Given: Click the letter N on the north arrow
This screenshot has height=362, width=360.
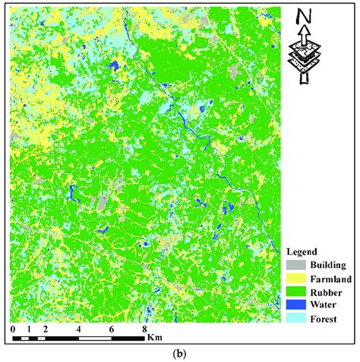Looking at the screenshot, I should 304,17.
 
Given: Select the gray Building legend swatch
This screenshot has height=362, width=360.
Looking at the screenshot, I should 295,265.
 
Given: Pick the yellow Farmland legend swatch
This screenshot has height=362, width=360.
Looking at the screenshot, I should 295,279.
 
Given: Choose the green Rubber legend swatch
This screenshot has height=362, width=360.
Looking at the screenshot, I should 295,292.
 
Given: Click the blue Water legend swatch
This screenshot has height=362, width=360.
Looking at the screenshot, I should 295,306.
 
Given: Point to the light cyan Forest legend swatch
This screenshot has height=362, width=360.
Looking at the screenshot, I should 295,319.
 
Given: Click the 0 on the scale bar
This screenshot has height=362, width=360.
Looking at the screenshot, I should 14,329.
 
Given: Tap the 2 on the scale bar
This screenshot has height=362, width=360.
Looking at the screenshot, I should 46,329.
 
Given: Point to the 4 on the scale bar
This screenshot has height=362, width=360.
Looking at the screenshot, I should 79,329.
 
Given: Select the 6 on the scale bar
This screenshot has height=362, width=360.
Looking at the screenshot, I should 112,329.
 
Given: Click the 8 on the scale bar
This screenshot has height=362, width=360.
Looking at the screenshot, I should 145,329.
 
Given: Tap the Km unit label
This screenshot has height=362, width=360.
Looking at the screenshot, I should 156,335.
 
